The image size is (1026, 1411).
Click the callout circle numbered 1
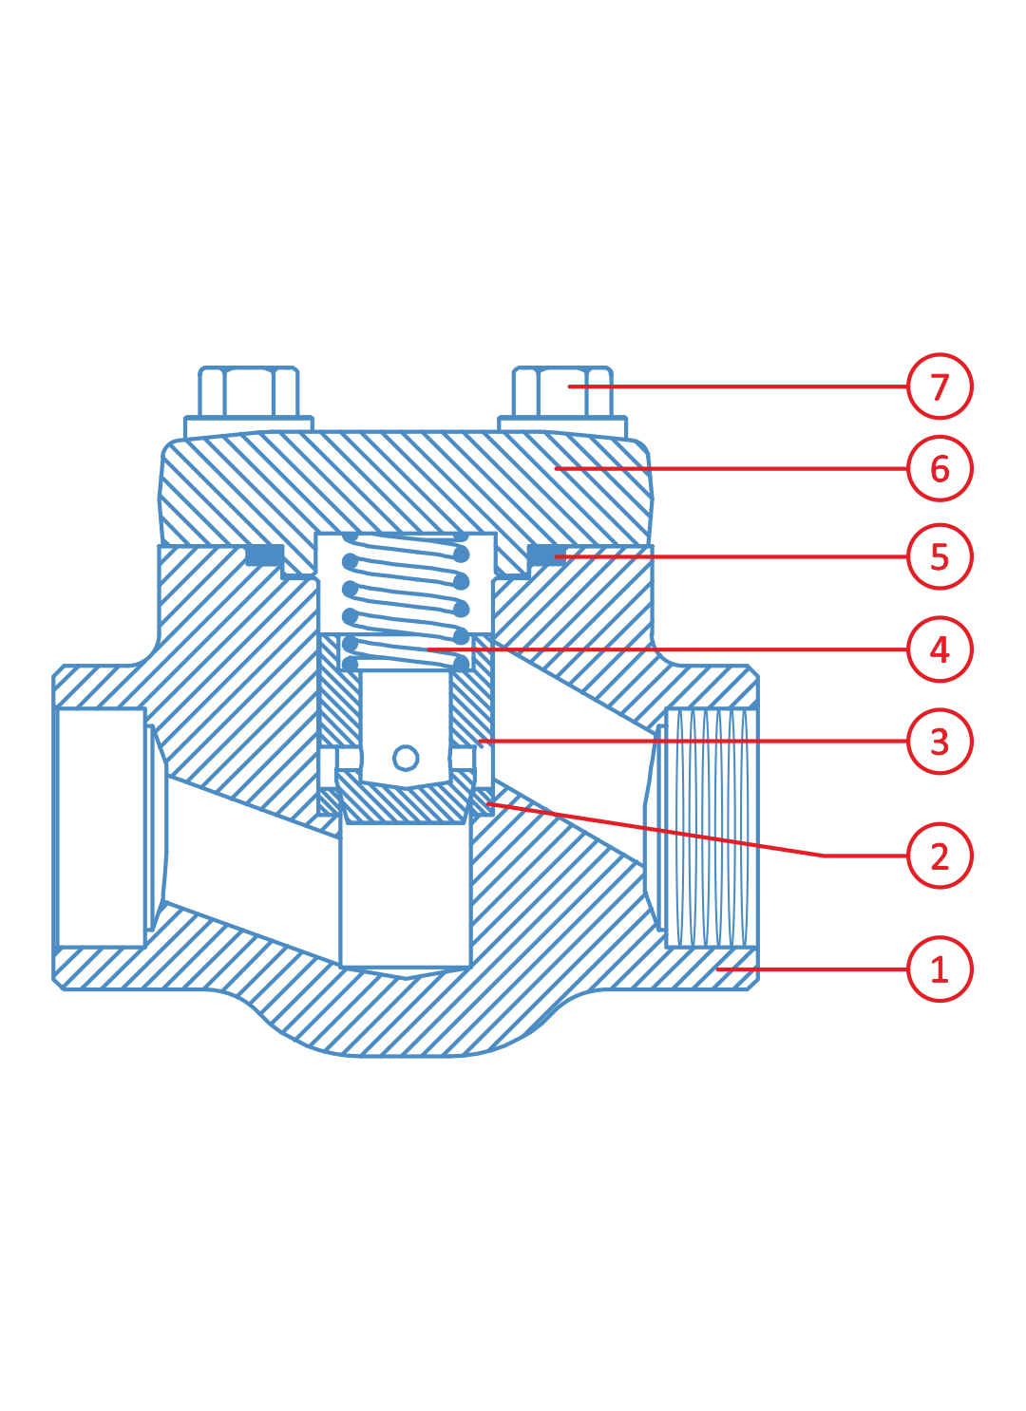(x=940, y=969)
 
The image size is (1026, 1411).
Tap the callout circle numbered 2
(x=940, y=856)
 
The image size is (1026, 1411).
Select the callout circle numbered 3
(x=940, y=742)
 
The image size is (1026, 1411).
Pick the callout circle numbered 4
(x=940, y=649)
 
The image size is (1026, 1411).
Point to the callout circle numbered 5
(x=940, y=556)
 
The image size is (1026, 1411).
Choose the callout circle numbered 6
(x=940, y=468)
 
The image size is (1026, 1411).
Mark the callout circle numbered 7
(x=940, y=386)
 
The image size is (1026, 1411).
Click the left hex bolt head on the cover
(x=249, y=391)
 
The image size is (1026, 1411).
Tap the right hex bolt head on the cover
(x=562, y=391)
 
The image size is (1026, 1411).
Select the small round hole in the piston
(x=406, y=758)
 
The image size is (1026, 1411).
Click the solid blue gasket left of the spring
(x=264, y=555)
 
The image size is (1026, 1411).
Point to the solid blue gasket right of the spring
(x=544, y=555)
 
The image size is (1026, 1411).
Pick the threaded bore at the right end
(x=711, y=828)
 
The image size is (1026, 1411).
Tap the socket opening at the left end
(x=102, y=828)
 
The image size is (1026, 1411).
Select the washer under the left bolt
(x=249, y=424)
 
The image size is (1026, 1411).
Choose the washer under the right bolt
(x=562, y=424)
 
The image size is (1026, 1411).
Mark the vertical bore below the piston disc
(x=406, y=893)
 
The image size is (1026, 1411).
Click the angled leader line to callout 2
(x=665, y=831)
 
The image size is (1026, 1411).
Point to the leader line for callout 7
(x=741, y=386)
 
